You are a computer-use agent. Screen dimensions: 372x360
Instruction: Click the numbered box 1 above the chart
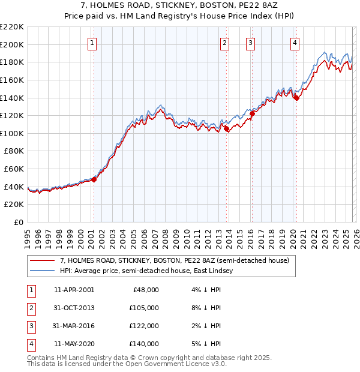[x=92, y=43]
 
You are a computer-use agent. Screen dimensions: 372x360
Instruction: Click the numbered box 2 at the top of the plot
[x=224, y=43]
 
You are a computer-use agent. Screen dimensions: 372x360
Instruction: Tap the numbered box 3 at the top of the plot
[x=250, y=43]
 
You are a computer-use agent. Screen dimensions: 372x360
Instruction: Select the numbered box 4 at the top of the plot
[x=295, y=43]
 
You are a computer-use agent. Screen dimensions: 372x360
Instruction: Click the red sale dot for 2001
[x=94, y=179]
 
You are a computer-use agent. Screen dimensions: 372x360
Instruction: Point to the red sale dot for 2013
[x=226, y=128]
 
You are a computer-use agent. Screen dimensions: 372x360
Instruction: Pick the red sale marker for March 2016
[x=252, y=113]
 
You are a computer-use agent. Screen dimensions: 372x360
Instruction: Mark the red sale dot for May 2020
[x=296, y=98]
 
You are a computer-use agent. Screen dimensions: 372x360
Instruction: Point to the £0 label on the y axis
[x=17, y=223]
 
